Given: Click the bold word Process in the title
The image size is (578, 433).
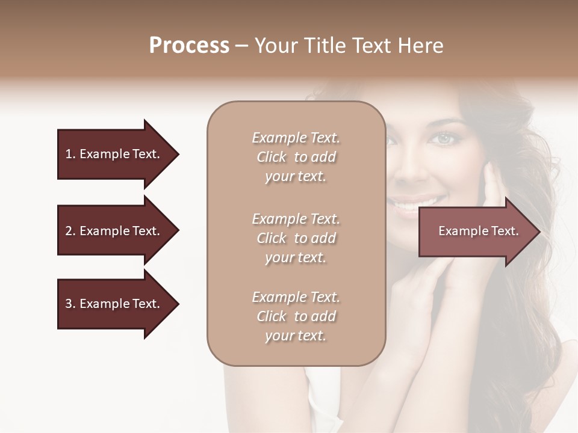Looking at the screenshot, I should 189,46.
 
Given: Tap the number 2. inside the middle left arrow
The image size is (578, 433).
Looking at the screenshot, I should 70,231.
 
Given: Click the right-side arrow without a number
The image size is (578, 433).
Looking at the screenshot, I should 476,232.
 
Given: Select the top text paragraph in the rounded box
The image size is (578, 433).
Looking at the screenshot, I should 296,157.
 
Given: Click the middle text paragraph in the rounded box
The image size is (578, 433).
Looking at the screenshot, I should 296,238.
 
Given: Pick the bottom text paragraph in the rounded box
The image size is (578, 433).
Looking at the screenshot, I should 296,316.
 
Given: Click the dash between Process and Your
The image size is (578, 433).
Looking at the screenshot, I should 242,46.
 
